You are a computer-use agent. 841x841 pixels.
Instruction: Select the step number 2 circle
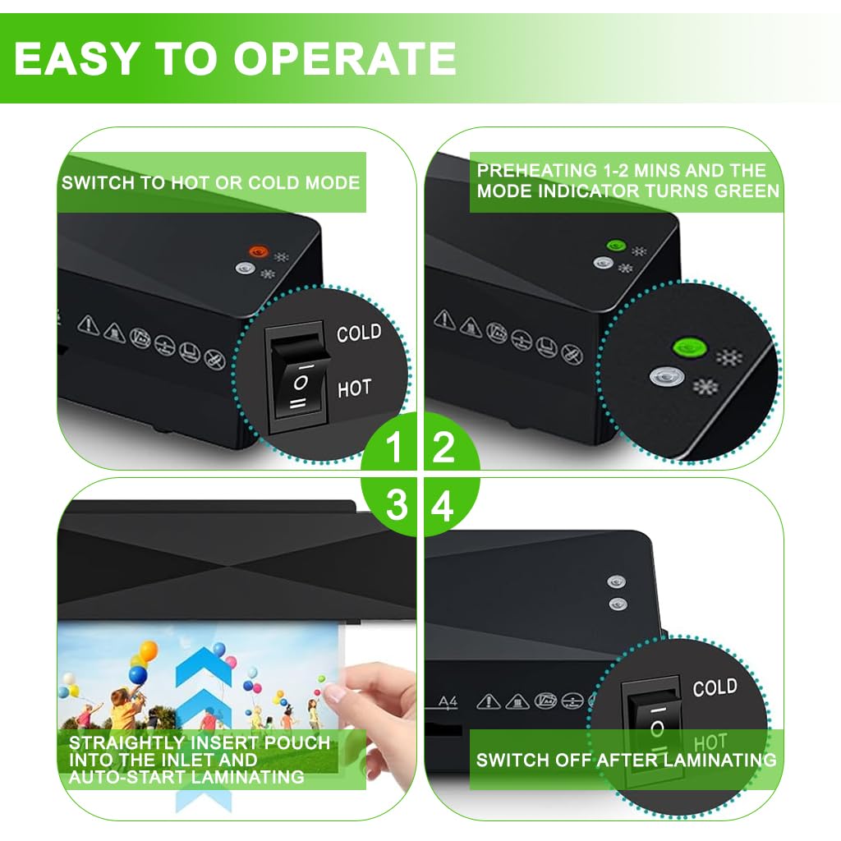443,448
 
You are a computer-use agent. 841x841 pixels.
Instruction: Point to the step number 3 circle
397,507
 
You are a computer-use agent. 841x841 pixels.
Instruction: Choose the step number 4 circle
443,508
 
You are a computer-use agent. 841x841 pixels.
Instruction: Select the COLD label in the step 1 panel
359,333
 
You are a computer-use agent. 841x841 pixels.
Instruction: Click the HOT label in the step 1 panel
354,388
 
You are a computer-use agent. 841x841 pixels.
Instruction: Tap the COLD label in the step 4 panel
715,687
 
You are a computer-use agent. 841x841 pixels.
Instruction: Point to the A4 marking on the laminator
448,701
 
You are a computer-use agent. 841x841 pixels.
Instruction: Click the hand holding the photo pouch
382,715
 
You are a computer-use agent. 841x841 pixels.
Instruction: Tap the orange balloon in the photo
148,651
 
